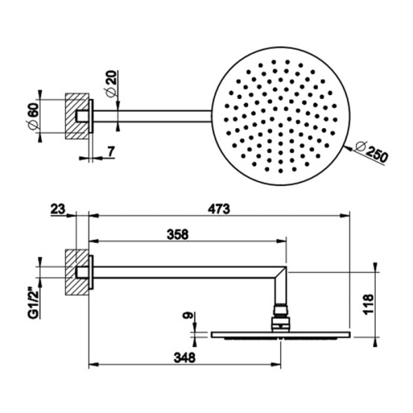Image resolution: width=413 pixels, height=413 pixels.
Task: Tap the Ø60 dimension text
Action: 34,116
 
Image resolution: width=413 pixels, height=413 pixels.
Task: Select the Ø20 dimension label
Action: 111,83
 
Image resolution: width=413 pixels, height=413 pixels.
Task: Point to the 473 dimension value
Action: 219,209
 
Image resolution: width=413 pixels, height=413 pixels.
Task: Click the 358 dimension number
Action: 178,235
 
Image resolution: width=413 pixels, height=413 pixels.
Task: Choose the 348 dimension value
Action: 184,358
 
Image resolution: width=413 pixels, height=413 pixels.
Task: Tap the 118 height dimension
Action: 368,304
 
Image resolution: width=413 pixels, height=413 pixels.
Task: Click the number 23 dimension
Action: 57,210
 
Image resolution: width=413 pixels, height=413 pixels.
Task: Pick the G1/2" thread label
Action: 34,302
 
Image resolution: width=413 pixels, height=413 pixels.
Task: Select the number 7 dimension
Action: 111,151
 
